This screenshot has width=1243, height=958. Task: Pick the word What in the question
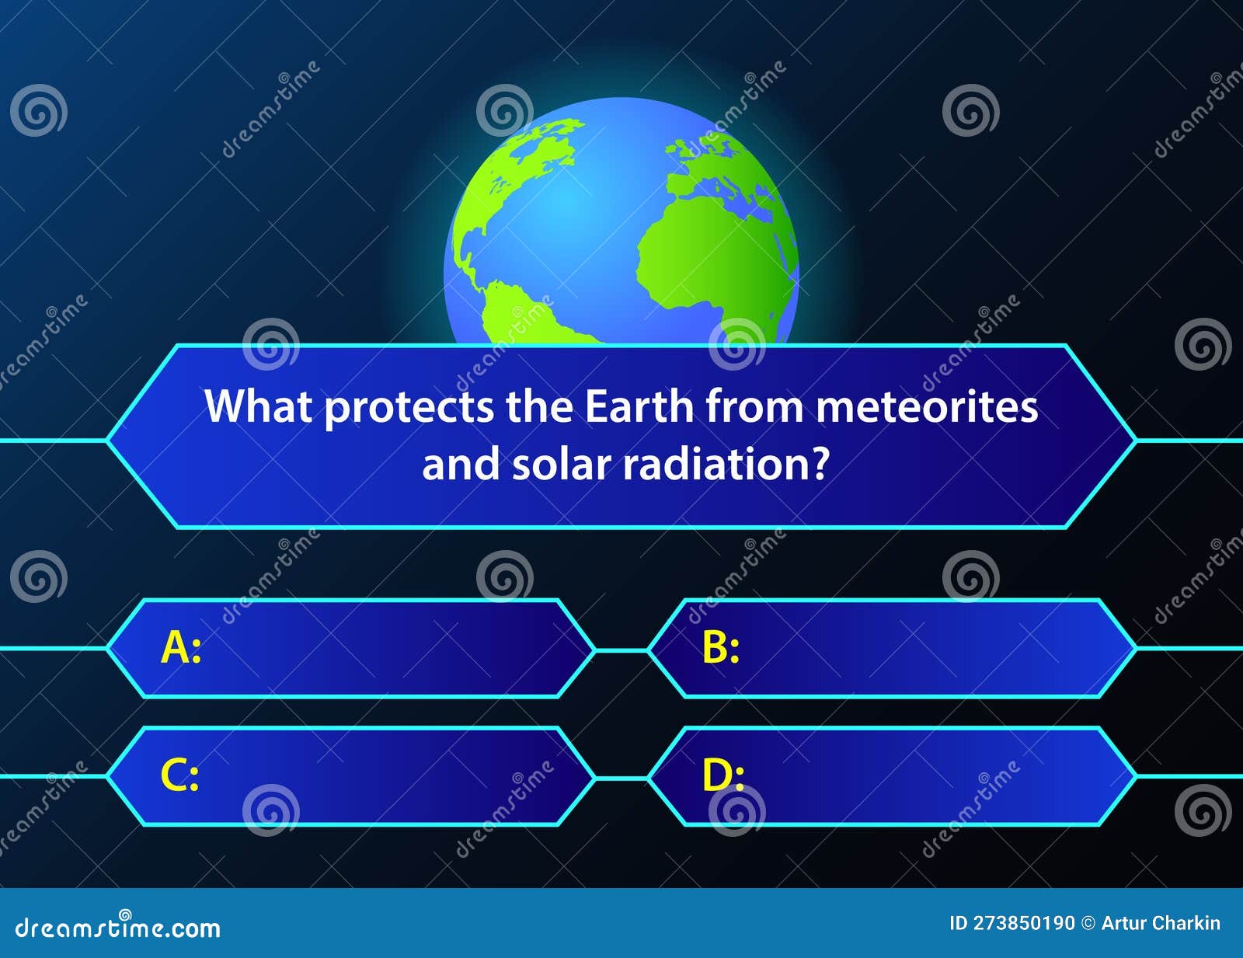pos(258,406)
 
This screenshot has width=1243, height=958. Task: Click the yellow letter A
pos(176,647)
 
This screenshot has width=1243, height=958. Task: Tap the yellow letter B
pos(716,647)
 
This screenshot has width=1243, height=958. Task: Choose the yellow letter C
pos(175,775)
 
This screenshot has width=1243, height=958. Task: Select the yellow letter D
pos(717,775)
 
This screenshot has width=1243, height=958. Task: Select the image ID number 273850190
pos(1023,923)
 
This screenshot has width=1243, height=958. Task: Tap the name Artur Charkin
pos(1161,923)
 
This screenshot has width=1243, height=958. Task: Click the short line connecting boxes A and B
pos(621,650)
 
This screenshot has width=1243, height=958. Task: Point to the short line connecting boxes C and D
pos(621,777)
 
